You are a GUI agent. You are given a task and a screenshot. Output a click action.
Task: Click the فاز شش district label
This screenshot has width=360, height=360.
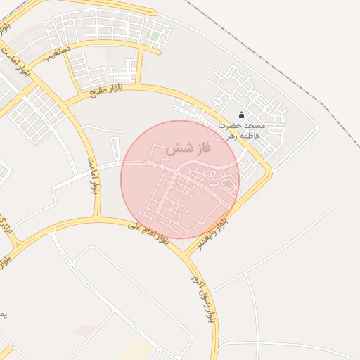click(x=188, y=150)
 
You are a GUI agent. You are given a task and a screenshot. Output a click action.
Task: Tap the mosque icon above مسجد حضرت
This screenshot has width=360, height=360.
click(x=242, y=115)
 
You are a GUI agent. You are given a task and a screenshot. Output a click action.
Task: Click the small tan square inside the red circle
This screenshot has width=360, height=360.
click(x=227, y=184)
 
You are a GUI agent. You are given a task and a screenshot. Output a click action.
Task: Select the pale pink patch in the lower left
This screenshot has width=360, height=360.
click(x=85, y=330)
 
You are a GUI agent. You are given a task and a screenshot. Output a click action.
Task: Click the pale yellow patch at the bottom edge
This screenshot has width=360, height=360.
click(x=137, y=349)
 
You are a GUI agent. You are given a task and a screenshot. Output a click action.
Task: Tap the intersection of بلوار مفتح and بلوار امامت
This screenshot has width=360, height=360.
click(x=62, y=103)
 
